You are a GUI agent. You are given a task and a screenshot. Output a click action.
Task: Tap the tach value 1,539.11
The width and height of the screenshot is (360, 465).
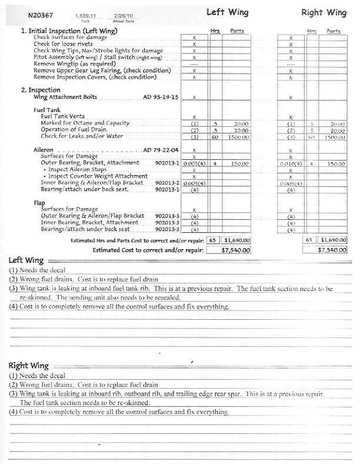point(85,15)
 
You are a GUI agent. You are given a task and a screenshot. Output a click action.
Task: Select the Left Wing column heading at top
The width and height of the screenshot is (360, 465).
point(227,12)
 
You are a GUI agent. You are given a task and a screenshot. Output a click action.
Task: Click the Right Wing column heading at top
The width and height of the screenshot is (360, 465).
point(324,12)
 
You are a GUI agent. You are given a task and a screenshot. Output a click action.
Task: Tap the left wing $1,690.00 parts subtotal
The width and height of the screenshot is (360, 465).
point(236,240)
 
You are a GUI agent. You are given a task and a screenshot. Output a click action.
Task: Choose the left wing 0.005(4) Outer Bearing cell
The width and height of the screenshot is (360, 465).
point(194,163)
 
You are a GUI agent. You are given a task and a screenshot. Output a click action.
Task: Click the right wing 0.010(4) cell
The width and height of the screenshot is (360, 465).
point(290,163)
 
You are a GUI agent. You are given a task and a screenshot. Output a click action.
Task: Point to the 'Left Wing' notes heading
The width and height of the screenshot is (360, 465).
point(24,260)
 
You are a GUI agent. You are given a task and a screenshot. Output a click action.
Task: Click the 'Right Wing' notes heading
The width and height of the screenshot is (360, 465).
point(27,366)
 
